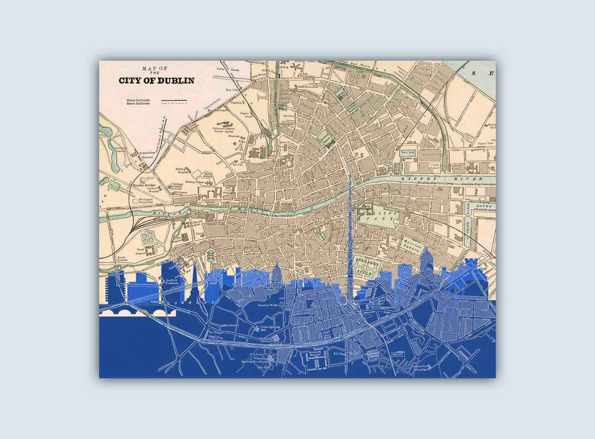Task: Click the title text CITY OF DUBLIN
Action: pyautogui.click(x=157, y=81)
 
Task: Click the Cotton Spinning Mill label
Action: pyautogui.click(x=270, y=328)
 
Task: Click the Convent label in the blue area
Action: pyautogui.click(x=397, y=354)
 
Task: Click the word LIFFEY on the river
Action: pyautogui.click(x=413, y=179)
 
